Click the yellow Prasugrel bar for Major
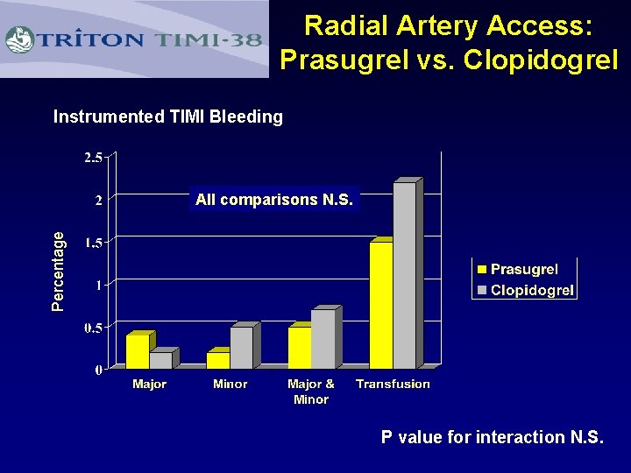(x=138, y=351)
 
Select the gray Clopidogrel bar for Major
(x=161, y=360)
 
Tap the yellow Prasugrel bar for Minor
(x=218, y=360)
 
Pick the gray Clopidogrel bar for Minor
(x=242, y=347)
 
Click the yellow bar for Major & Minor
(x=300, y=347)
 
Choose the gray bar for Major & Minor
(x=323, y=339)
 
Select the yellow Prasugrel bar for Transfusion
(x=381, y=305)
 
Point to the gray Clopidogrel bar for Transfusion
(x=404, y=276)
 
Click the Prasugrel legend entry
(x=524, y=269)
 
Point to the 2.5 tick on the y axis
(x=93, y=157)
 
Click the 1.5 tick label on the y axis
(x=93, y=243)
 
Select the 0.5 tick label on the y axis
(x=93, y=328)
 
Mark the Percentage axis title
(x=59, y=271)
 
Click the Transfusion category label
(x=393, y=384)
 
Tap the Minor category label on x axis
(x=230, y=384)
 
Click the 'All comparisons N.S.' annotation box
(x=274, y=200)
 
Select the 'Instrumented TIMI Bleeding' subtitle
(x=168, y=116)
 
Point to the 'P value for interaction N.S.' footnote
(x=492, y=437)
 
